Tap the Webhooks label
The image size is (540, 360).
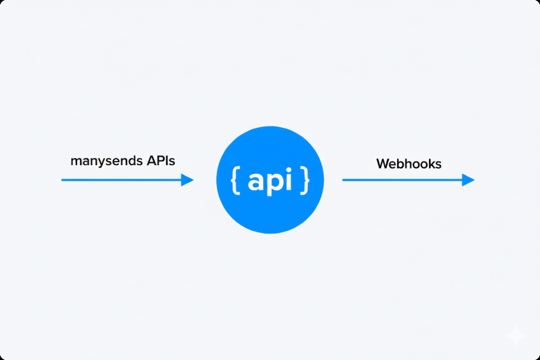409,164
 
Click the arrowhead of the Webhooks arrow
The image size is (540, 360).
468,180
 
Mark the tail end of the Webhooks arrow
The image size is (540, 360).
344,180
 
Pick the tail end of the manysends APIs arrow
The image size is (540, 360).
63,180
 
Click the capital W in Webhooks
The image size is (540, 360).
383,164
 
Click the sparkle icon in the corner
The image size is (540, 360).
516,336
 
